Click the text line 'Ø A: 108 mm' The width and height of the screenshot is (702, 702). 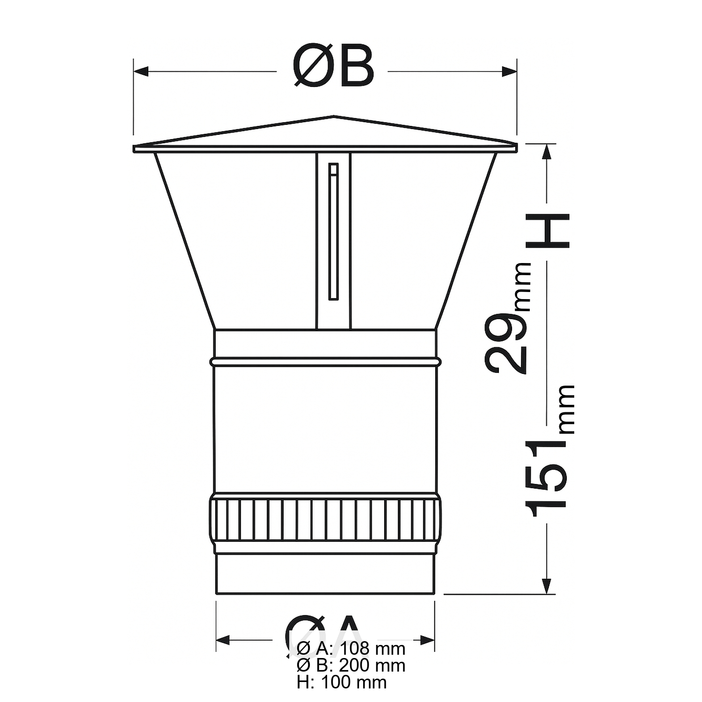351,649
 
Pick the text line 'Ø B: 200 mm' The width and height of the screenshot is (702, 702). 351,665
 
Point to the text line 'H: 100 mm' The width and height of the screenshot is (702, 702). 342,682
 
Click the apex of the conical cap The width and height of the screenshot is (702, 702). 334,116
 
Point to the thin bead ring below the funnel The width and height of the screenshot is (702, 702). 325,362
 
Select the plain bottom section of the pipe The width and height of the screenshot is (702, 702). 325,573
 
